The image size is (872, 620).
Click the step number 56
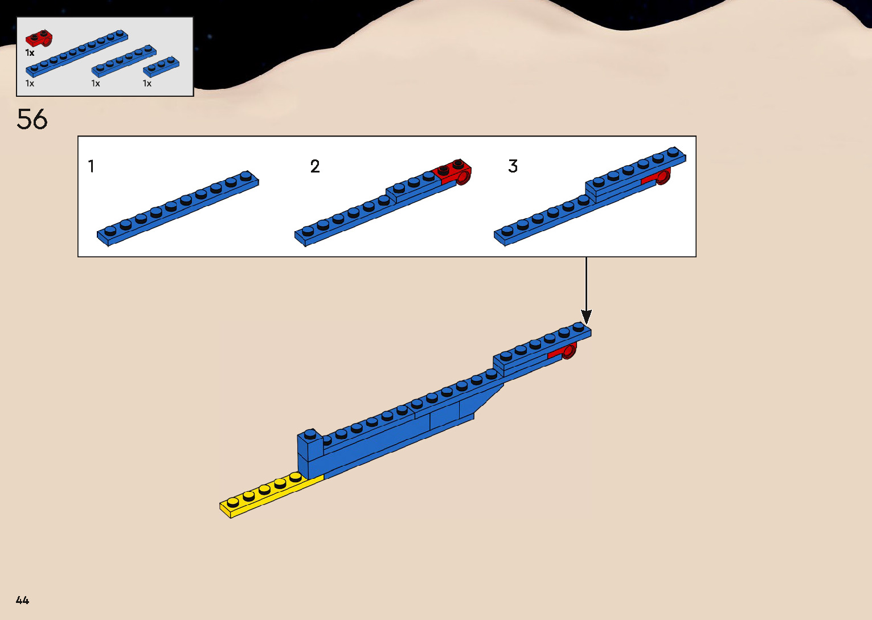pos(32,120)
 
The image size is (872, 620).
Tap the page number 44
pos(22,600)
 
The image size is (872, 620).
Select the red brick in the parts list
pos(39,39)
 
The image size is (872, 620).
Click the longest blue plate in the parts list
pos(76,54)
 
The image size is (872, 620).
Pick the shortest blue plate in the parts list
pos(161,67)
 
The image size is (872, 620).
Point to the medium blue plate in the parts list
pos(124,61)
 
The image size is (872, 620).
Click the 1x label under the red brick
pos(30,53)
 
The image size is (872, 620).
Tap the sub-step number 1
pos(91,167)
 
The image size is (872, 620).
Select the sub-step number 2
pos(315,167)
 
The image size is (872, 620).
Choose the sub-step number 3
pos(513,167)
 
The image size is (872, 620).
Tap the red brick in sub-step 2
pos(455,171)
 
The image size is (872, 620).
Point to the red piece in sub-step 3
pos(658,178)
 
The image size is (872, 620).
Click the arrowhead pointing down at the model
pos(586,317)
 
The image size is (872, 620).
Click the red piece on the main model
pos(565,352)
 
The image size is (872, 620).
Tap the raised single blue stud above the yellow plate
pos(310,434)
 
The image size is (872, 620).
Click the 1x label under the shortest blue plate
pos(147,84)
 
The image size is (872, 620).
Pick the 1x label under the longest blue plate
pos(30,84)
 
